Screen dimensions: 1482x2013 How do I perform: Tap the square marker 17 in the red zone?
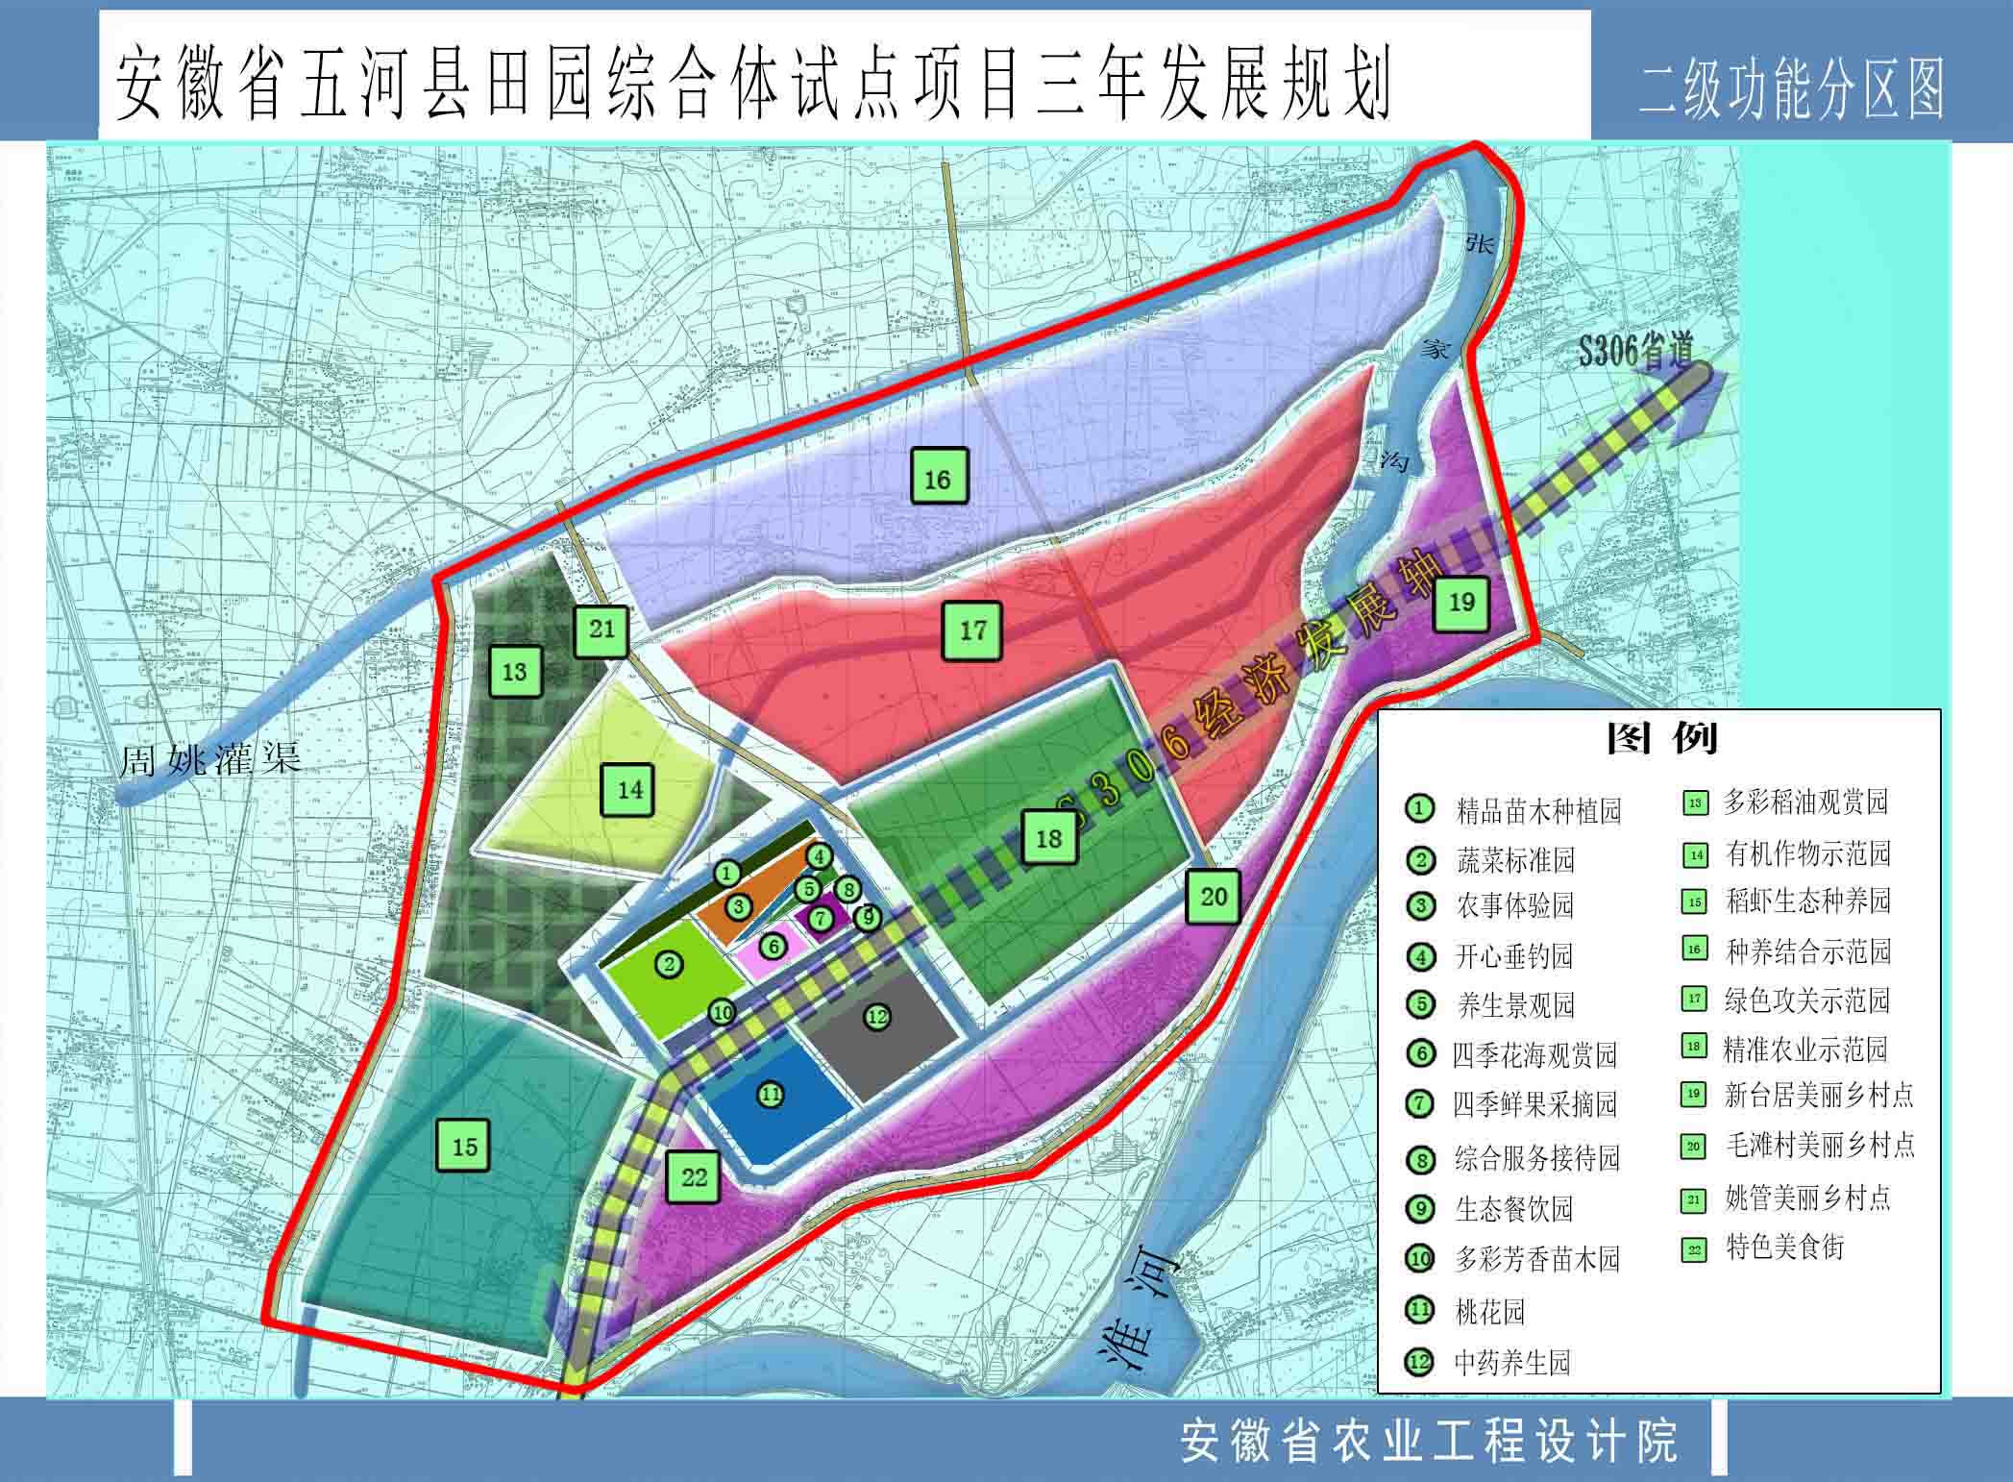click(x=972, y=630)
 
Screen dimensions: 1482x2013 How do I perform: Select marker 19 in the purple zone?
click(x=1461, y=603)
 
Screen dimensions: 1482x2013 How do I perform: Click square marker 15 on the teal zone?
click(x=464, y=1146)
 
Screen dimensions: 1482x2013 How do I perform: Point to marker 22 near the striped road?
click(x=694, y=1177)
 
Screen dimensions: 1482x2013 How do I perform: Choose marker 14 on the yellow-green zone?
click(x=629, y=790)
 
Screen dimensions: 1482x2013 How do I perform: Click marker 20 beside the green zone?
click(x=1213, y=897)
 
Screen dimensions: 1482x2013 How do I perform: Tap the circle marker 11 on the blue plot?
click(x=771, y=1094)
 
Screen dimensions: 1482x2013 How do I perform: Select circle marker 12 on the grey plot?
click(x=876, y=1017)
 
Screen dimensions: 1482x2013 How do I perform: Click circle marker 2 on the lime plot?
click(x=669, y=964)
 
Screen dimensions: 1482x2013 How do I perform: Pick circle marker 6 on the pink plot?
click(x=773, y=948)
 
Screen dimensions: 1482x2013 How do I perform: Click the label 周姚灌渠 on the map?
click(x=210, y=759)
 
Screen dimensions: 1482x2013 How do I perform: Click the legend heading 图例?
click(x=1660, y=738)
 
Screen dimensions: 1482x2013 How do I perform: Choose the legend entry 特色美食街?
click(x=1784, y=1247)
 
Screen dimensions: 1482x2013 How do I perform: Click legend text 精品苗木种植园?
click(x=1538, y=810)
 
